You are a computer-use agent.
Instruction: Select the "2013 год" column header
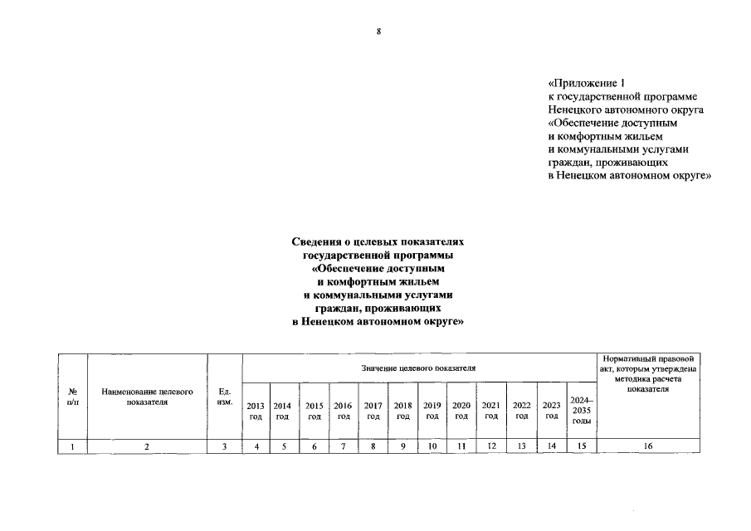tap(256, 410)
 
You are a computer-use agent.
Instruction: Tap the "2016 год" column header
tap(343, 410)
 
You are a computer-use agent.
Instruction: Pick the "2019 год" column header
tap(432, 410)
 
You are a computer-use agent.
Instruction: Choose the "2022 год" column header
tap(521, 410)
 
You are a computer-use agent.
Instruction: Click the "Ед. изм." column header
tap(224, 396)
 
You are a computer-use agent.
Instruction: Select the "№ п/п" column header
tap(72, 396)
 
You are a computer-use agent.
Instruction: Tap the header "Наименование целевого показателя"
tap(147, 396)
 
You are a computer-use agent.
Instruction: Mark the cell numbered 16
tap(648, 446)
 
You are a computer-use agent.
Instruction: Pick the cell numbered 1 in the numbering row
tap(72, 446)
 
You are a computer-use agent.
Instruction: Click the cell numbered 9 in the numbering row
tap(402, 446)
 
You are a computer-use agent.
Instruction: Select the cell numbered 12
tap(491, 446)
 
